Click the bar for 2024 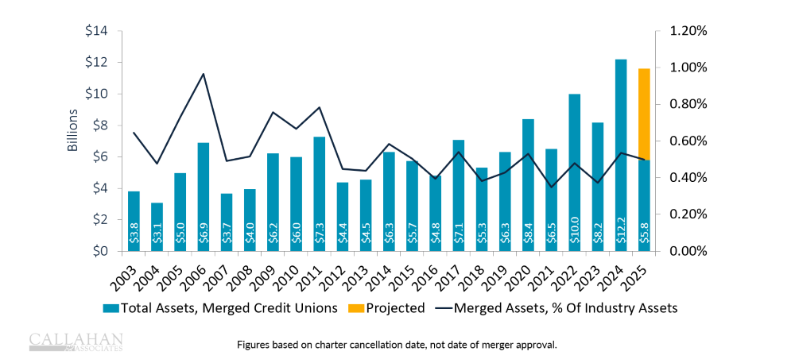[622, 155]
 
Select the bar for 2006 [204, 197]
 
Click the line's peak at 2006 [204, 74]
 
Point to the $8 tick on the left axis [99, 126]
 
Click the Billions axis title [72, 130]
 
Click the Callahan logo [76, 341]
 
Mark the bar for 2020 [529, 185]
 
